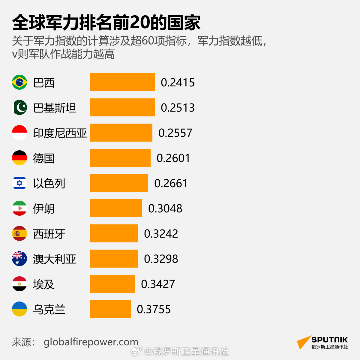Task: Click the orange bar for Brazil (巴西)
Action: coord(122,82)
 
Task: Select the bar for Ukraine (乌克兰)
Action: coord(110,309)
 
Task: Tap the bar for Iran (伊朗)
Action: coord(116,208)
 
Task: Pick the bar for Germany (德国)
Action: coord(120,158)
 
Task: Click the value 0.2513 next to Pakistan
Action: coord(178,108)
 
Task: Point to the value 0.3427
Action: coord(158,284)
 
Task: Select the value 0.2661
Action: coord(171,183)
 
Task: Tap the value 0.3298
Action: coord(161,259)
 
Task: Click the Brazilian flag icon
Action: coord(19,82)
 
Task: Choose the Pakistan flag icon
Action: coord(19,107)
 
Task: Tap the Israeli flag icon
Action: coord(19,183)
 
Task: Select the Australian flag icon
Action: coord(19,259)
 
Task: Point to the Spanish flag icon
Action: coord(19,233)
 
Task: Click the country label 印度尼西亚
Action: coord(60,133)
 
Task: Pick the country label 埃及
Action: coord(44,284)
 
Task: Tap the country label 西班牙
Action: coord(49,234)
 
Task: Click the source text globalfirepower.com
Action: coord(91,342)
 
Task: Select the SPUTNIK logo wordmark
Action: coord(329,340)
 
